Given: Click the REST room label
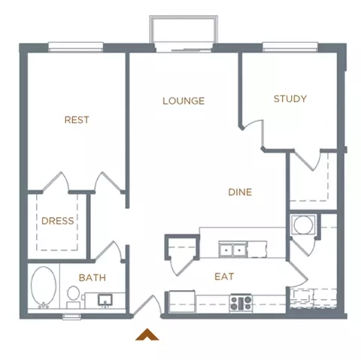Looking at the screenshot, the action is [x=77, y=119].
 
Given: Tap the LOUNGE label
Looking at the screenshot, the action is [x=184, y=101].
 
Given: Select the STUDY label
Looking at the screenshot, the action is [x=290, y=98].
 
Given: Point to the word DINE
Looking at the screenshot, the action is [x=240, y=192].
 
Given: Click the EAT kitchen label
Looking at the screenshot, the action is [x=224, y=277].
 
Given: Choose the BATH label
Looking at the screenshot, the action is [x=93, y=277].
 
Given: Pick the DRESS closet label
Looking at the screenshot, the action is [x=58, y=221].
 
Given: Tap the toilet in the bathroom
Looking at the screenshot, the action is [x=73, y=297].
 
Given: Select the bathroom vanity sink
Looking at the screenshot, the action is [x=105, y=300].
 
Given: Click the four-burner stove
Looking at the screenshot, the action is [x=241, y=304].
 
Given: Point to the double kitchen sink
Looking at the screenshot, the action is [x=233, y=250].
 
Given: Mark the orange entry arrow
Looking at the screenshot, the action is [x=147, y=334].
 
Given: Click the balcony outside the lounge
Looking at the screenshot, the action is [x=184, y=29].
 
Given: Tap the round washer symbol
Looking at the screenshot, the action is [x=303, y=225].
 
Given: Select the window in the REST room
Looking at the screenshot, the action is [x=76, y=47].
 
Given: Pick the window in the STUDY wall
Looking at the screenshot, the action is [x=290, y=47].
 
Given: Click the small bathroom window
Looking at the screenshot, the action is [x=71, y=317].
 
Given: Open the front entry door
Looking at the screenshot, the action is [x=147, y=305].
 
